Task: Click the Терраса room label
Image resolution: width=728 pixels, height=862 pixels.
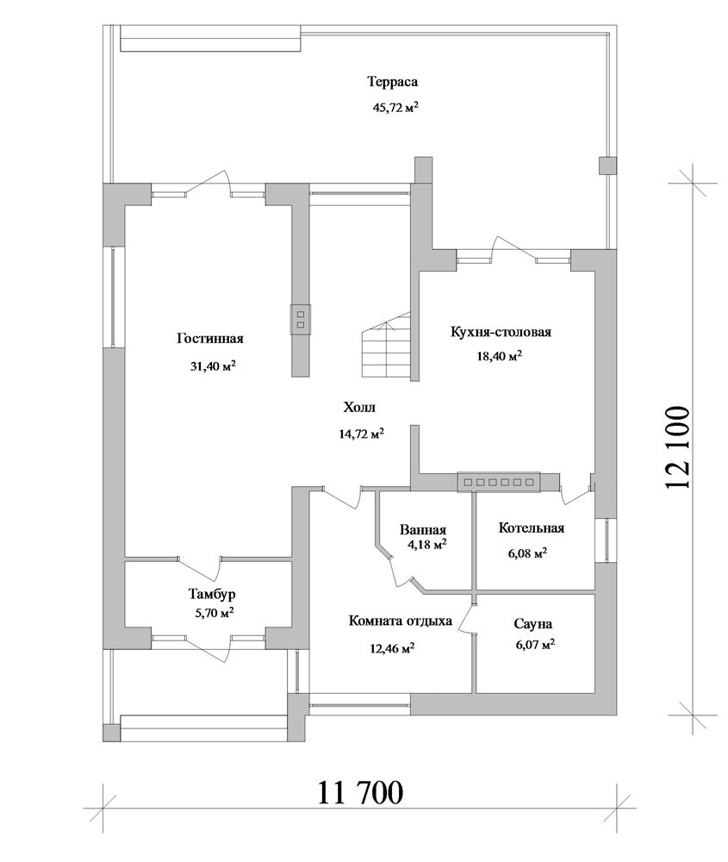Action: tap(392, 83)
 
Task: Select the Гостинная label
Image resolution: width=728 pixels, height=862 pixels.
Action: tap(210, 339)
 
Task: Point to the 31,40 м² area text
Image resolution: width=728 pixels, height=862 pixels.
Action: tap(213, 365)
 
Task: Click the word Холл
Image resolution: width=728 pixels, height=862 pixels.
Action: tap(359, 408)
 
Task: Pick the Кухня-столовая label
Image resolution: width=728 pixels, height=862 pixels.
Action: tap(501, 332)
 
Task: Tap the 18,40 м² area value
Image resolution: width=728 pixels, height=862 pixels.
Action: tap(499, 356)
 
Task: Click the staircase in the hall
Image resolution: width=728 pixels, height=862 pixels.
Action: tap(385, 347)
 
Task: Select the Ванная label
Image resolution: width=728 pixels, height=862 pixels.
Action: tap(422, 530)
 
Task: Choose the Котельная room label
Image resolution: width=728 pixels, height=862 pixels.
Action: tap(532, 528)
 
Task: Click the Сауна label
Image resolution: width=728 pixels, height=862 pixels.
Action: tap(533, 624)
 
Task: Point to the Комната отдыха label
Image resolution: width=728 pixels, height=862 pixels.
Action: tap(401, 621)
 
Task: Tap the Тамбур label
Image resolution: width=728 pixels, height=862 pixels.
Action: tap(212, 594)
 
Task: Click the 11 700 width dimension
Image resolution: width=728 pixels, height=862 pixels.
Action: tap(360, 792)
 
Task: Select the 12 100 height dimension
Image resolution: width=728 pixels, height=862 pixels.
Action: tap(676, 448)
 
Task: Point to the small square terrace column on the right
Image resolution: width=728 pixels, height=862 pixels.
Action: tap(607, 166)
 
